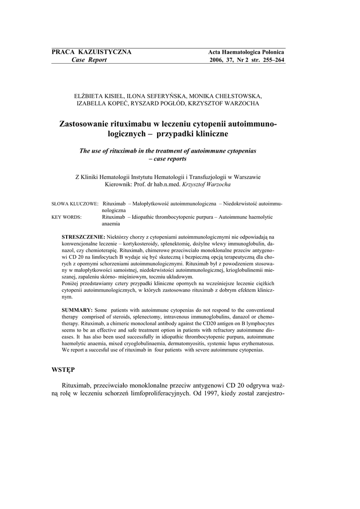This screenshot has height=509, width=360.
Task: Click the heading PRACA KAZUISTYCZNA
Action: tap(91, 52)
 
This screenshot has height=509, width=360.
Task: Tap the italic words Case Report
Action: tap(89, 60)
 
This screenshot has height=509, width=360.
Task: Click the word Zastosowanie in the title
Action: tap(87, 123)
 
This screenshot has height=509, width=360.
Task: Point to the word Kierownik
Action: tap(120, 184)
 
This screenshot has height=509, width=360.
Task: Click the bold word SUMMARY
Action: tap(77, 310)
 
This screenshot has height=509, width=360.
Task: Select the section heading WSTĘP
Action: tap(64, 370)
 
